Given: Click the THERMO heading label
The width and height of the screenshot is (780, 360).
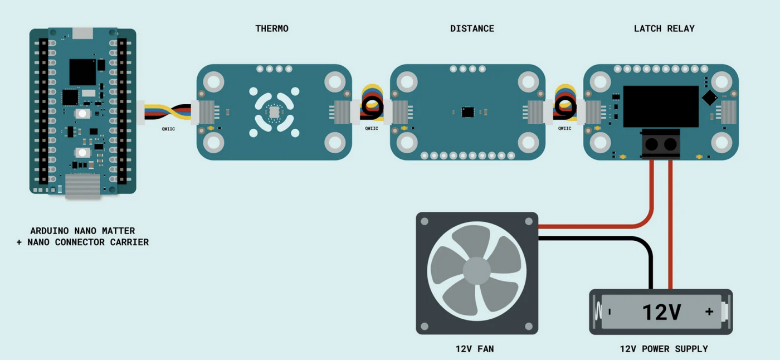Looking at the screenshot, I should point(272,28).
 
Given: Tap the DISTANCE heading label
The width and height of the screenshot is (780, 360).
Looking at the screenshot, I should point(472,28).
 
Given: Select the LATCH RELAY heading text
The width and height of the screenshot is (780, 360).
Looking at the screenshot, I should point(664,28).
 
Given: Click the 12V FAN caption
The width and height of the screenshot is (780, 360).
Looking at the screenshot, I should point(475,349).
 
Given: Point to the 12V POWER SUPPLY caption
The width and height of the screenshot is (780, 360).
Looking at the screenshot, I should point(664,349).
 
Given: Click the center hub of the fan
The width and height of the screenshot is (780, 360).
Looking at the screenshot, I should point(477,272).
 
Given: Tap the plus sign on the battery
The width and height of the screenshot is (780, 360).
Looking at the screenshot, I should point(709,312).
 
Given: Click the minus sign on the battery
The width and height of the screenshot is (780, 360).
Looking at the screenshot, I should point(610,312).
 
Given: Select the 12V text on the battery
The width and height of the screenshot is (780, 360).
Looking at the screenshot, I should point(661,312).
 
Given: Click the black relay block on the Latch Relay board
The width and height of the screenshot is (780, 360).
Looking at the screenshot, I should point(660,106).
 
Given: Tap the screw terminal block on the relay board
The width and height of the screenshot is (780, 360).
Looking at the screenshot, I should point(661,144).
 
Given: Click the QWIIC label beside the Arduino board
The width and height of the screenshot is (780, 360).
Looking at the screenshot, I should point(168,129).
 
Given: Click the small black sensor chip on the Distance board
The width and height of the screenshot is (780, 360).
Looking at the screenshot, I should point(467,112).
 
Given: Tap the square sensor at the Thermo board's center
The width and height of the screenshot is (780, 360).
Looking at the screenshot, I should point(274,112).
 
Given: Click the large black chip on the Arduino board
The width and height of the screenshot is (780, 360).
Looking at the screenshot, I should point(82,72).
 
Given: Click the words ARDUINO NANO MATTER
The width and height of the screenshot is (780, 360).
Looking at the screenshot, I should point(82,231).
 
